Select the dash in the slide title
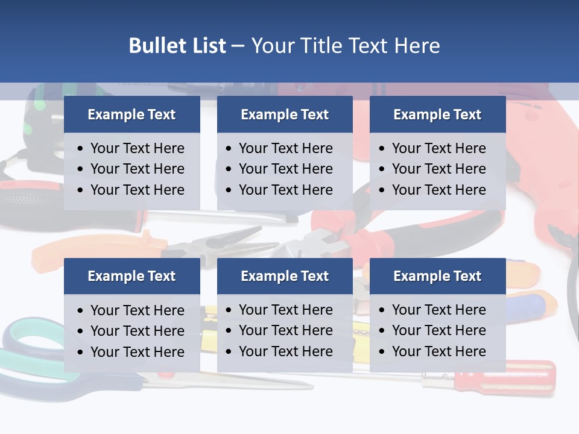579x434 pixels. (x=238, y=46)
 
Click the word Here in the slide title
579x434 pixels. (x=417, y=46)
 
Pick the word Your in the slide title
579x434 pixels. (x=271, y=46)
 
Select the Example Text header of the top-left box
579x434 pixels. (x=131, y=115)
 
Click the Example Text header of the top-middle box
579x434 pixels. (x=285, y=115)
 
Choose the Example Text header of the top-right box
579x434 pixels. (x=437, y=115)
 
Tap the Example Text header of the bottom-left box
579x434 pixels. (x=131, y=276)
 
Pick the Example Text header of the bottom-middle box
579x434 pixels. (x=285, y=276)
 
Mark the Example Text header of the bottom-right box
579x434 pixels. (x=437, y=276)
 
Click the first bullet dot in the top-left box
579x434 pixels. (x=80, y=149)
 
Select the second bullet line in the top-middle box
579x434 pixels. (x=285, y=169)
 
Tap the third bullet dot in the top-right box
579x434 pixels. (x=382, y=190)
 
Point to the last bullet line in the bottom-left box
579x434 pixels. (x=137, y=352)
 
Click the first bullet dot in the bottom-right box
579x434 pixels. (x=382, y=310)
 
